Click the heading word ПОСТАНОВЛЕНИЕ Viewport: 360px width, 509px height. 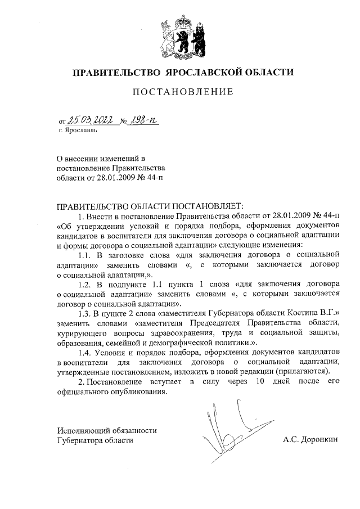click(181, 92)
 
